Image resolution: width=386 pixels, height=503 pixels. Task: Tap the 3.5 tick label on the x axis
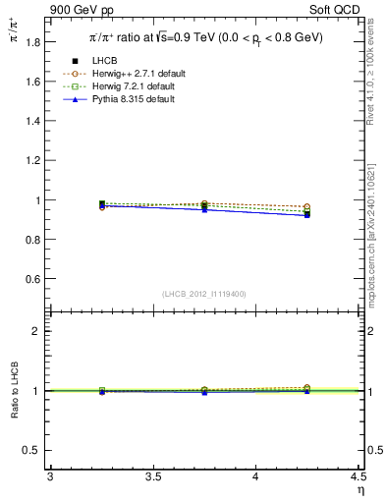click(x=152, y=477)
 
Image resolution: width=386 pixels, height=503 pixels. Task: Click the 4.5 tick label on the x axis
click(x=357, y=477)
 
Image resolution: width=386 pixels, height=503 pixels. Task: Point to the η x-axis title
click(x=358, y=490)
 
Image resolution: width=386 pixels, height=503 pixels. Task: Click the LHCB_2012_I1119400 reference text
click(x=203, y=294)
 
